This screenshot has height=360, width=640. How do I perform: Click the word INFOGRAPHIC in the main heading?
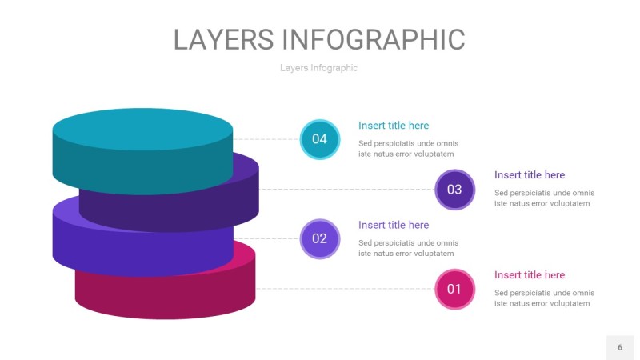pos(374,39)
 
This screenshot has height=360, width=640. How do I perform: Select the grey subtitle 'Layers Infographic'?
pos(318,68)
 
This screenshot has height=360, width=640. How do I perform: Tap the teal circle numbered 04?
pos(320,139)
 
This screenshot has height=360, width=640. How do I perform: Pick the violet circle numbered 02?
pos(320,238)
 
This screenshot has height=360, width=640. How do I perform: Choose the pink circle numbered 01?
pos(454,289)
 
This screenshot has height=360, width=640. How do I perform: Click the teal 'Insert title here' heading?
pos(394,126)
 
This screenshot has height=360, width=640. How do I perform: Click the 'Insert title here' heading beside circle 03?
pos(530,175)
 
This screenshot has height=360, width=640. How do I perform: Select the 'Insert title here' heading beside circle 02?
pos(394,225)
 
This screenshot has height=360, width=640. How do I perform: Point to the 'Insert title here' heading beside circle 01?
pos(530,275)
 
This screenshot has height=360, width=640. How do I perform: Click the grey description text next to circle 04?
pos(408,149)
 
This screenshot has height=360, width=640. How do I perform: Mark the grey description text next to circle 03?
pos(544,198)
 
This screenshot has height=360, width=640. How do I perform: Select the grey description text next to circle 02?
pos(408,248)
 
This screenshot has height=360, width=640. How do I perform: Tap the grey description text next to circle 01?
pos(544,298)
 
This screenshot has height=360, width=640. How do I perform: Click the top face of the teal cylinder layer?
pos(142,129)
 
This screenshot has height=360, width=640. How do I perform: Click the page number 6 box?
pos(619,347)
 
